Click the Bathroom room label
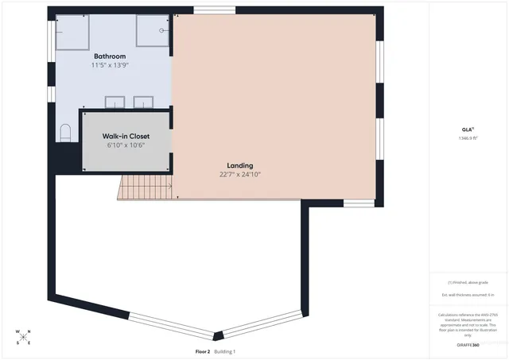click(110, 56)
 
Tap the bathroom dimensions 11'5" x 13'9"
click(110, 65)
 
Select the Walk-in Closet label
click(126, 137)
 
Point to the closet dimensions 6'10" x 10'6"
click(126, 145)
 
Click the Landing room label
click(239, 165)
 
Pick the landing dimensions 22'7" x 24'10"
click(239, 174)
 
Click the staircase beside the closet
click(146, 188)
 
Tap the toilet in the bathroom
click(65, 132)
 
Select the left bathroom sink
click(115, 102)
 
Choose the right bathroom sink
click(144, 102)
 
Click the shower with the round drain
click(153, 31)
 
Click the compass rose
click(24, 337)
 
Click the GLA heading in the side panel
click(468, 129)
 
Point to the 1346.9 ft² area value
click(468, 137)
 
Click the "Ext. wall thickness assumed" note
click(468, 295)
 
